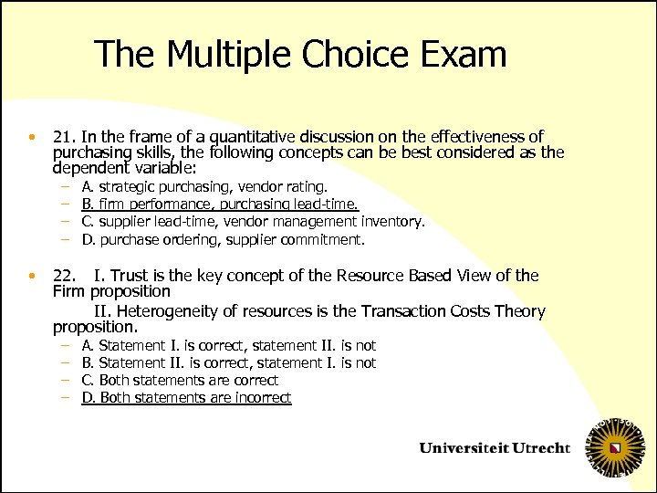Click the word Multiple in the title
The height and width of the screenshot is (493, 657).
[x=236, y=55]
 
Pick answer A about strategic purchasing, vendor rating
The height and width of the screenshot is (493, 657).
[x=198, y=187]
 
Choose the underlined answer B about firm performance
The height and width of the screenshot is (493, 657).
[x=220, y=205]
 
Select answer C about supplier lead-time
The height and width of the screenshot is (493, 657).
[x=253, y=222]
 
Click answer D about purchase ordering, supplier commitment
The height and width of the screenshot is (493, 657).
[x=223, y=240]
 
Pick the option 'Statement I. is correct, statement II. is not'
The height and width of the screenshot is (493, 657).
[x=228, y=345]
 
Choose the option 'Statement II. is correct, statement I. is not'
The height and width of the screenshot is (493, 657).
[x=228, y=362]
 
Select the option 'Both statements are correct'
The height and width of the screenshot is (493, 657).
[x=180, y=380]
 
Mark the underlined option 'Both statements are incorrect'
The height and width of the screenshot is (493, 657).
[x=186, y=397]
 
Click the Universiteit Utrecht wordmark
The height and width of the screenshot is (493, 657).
[x=495, y=447]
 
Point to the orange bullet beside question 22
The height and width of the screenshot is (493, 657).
[x=31, y=276]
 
